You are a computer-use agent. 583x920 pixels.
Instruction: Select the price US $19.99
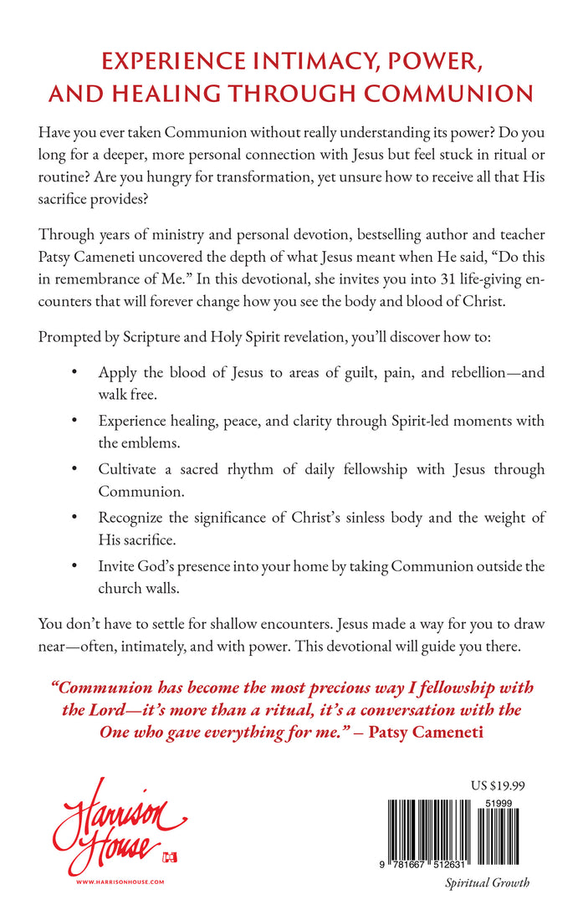(499, 785)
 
